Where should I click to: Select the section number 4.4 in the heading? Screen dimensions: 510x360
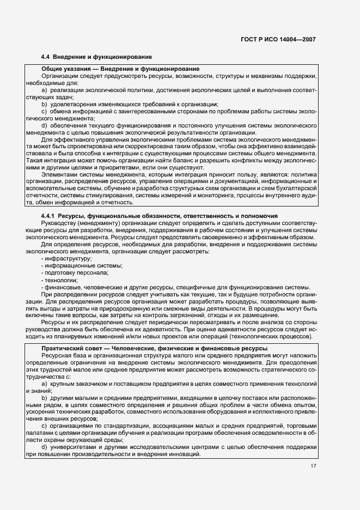(x=46, y=57)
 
